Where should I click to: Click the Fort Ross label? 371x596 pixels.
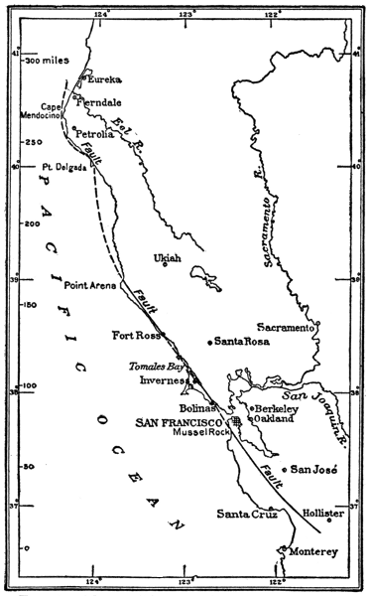[134, 334]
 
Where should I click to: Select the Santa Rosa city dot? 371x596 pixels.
[209, 343]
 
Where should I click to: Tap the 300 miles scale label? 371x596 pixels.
[51, 61]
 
